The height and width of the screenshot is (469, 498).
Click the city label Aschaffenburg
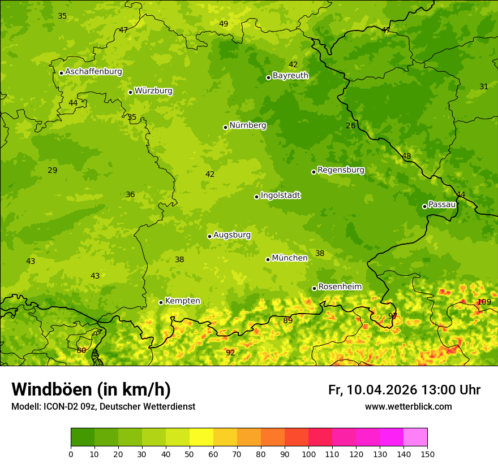click(x=93, y=72)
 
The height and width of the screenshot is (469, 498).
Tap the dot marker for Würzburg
click(x=130, y=92)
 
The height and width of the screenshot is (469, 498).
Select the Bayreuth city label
click(x=290, y=75)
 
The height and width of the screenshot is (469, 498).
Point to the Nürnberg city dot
click(x=225, y=127)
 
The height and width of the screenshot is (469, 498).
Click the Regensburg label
click(x=341, y=170)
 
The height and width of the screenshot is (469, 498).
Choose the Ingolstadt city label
click(x=280, y=195)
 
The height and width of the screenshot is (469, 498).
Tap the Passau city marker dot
click(x=424, y=206)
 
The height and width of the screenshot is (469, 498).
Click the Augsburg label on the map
click(x=232, y=234)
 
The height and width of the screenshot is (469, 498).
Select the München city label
click(x=290, y=258)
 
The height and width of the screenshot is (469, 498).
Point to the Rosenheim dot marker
click(x=314, y=288)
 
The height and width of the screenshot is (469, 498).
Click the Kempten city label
click(x=182, y=301)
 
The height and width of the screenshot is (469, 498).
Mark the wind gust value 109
click(x=484, y=302)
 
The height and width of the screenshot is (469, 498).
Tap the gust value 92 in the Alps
click(x=230, y=353)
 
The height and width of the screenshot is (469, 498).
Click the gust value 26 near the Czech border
click(x=350, y=125)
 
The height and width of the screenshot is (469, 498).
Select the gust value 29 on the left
click(x=52, y=170)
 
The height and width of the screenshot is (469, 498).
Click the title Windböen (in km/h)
click(x=91, y=389)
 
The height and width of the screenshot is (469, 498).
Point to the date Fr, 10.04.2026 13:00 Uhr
click(x=404, y=390)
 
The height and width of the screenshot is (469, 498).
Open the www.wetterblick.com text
click(x=408, y=406)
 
